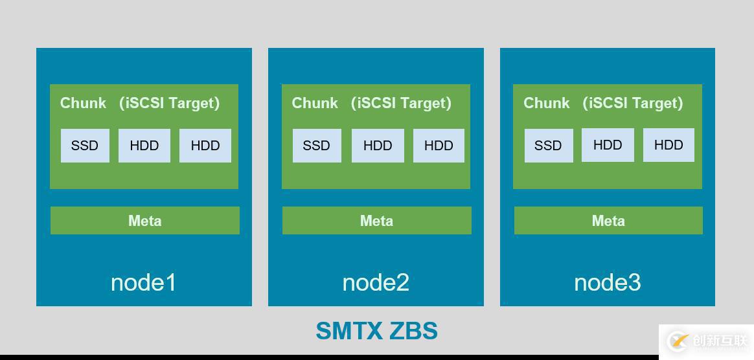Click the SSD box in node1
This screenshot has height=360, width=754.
pyautogui.click(x=85, y=146)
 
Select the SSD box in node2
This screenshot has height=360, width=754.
pyautogui.click(x=316, y=146)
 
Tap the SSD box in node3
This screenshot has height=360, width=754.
pyautogui.click(x=548, y=146)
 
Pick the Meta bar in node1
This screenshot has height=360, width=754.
pyautogui.click(x=145, y=221)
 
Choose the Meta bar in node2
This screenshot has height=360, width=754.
pyautogui.click(x=376, y=221)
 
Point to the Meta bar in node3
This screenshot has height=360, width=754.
pyautogui.click(x=608, y=221)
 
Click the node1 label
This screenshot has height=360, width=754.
pyautogui.click(x=143, y=282)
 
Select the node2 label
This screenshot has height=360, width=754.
pyautogui.click(x=376, y=282)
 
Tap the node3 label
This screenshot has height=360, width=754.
pyautogui.click(x=607, y=282)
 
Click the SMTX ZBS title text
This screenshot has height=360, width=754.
pyautogui.click(x=376, y=331)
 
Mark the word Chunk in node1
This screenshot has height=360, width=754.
pyautogui.click(x=83, y=103)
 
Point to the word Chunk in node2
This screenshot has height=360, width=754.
pyautogui.click(x=315, y=103)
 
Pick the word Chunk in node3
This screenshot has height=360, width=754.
pyautogui.click(x=547, y=103)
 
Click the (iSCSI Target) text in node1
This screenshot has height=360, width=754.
pyautogui.click(x=170, y=103)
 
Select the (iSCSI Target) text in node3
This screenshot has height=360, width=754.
pyautogui.click(x=633, y=103)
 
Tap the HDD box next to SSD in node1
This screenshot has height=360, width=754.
pyautogui.click(x=144, y=146)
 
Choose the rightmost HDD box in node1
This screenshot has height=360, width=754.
pyautogui.click(x=205, y=146)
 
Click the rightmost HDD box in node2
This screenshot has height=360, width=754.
pyautogui.click(x=439, y=146)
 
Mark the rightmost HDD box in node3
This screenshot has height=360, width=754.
pyautogui.click(x=668, y=145)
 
